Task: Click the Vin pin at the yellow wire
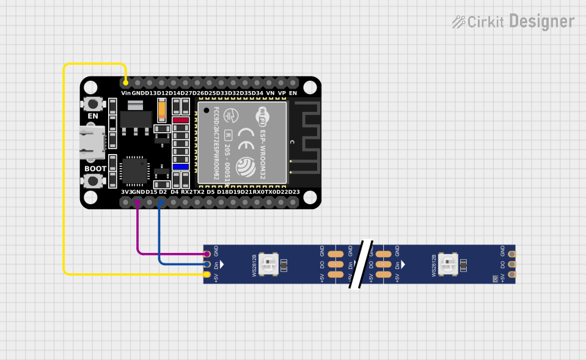[x=126, y=82]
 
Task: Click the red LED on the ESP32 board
[x=180, y=120]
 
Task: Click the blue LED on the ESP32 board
[x=180, y=166]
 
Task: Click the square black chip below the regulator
[x=134, y=171]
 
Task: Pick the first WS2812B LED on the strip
[x=268, y=264]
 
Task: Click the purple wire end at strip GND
[x=207, y=254]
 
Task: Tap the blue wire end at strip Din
[x=207, y=264]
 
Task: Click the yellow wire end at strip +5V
[x=207, y=275]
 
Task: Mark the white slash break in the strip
[x=361, y=264]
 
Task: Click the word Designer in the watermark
[x=541, y=22]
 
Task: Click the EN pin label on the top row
[x=293, y=93]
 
